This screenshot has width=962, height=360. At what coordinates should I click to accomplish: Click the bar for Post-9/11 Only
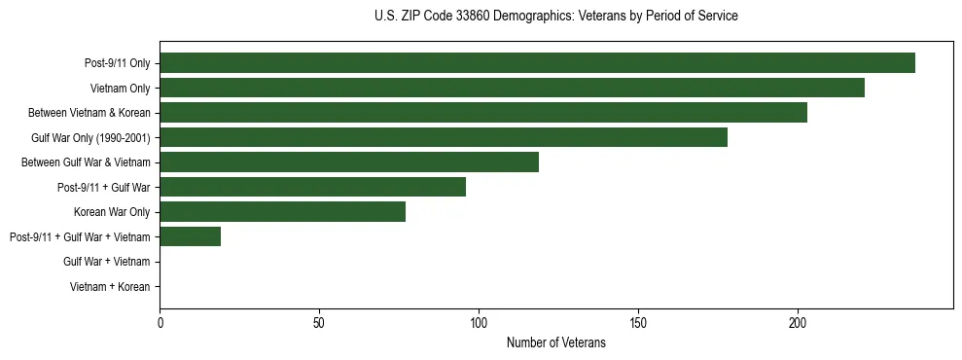coord(537,63)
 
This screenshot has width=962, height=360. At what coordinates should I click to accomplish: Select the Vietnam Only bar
coord(512,89)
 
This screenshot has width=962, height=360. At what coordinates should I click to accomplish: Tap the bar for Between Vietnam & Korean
coord(483,113)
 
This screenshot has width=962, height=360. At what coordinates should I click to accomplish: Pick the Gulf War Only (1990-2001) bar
coord(444,137)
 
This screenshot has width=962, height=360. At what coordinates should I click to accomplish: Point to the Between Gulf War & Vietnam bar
coord(349,162)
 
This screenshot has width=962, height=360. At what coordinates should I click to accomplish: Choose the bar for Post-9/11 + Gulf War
coord(312,187)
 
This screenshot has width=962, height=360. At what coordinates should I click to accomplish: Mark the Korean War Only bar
coord(282,212)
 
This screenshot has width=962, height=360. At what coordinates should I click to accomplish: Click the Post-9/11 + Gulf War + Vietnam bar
coord(190,236)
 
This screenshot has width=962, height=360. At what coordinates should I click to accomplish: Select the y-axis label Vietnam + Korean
coord(110,287)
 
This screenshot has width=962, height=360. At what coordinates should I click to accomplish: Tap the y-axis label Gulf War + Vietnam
coord(106,262)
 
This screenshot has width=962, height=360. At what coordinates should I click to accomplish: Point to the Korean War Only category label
coord(112,212)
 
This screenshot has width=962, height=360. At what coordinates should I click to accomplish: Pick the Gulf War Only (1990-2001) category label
coord(90,137)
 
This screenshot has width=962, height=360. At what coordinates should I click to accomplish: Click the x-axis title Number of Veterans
coord(555,342)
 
